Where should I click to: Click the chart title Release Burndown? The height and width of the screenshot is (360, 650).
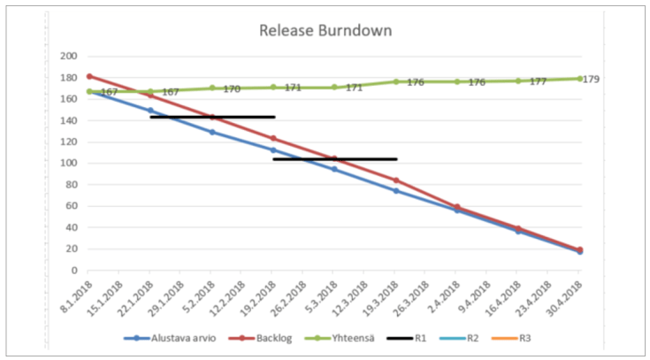point(325,30)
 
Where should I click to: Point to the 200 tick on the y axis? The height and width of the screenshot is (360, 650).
point(67,56)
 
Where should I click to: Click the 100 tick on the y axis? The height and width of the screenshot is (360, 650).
point(67,163)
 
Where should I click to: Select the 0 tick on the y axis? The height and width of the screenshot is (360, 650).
point(73,270)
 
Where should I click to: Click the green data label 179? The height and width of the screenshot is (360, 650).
point(592,79)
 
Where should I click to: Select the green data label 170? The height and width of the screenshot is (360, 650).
point(231,89)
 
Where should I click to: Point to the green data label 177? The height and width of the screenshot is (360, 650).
point(537,82)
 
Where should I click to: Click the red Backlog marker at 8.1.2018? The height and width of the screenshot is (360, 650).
point(89,76)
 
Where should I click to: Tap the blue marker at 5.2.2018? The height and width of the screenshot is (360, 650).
point(212,132)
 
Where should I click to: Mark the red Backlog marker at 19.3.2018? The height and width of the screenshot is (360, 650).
point(396,180)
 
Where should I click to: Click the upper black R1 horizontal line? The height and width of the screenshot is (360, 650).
point(212,117)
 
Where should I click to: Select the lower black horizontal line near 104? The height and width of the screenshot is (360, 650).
point(334,159)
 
